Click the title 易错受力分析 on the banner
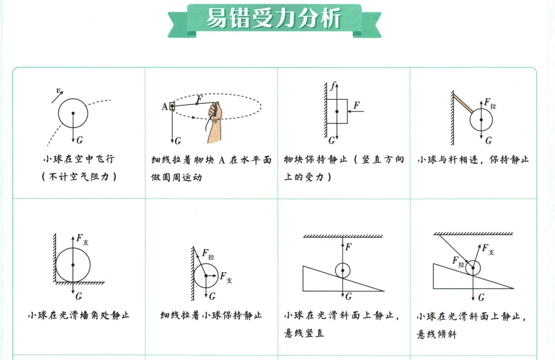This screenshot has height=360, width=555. [x=274, y=19]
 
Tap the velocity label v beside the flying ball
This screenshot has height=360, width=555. [x=58, y=91]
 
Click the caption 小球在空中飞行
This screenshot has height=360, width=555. [x=79, y=160]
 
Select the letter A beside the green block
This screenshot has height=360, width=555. [x=164, y=106]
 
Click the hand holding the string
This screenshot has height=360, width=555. [x=215, y=113]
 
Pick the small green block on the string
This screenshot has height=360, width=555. [x=172, y=106]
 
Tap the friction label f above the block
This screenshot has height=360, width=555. [x=332, y=86]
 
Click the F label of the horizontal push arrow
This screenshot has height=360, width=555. [x=357, y=104]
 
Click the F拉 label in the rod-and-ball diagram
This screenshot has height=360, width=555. [x=489, y=104]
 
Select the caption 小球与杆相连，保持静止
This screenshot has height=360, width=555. [x=473, y=160]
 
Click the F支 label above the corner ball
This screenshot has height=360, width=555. [x=82, y=239]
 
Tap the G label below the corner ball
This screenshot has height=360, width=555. [x=79, y=296]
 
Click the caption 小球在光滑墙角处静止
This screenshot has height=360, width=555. [x=79, y=316]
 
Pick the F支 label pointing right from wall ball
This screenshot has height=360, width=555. [x=226, y=277]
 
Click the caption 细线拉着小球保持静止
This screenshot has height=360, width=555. [x=211, y=316]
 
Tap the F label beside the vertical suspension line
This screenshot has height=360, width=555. [x=348, y=246]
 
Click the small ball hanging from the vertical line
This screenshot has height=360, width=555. [x=343, y=271]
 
